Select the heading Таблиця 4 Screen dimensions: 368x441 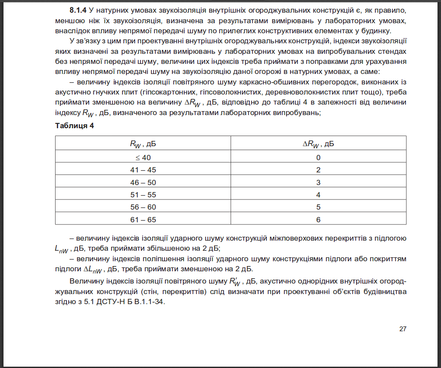tap(74, 126)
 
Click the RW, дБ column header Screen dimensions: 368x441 tap(143, 144)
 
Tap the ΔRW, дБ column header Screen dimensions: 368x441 tap(318, 144)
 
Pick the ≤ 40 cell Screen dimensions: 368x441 tap(143, 158)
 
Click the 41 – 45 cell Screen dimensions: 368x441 tap(143, 170)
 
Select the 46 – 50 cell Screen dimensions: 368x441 tap(143, 182)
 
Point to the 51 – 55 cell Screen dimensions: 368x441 tap(143, 195)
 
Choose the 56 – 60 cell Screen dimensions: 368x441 tap(143, 207)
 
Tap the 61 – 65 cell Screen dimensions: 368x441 tap(143, 220)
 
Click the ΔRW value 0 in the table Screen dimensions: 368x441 tap(318, 158)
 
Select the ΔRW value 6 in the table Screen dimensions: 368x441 tap(318, 220)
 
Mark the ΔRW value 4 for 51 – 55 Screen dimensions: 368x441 tap(318, 195)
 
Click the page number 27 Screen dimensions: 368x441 tap(402, 329)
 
